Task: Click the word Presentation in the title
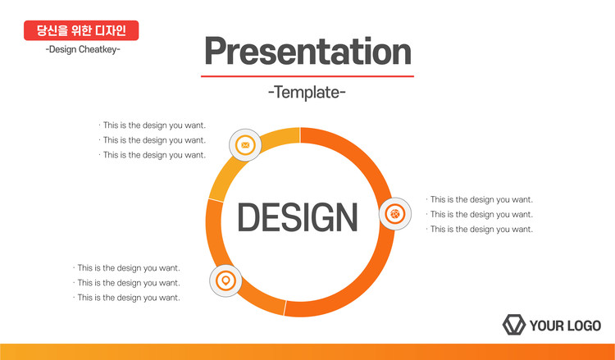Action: [x=307, y=52]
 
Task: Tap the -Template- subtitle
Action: [x=307, y=93]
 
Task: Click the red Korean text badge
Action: [x=81, y=30]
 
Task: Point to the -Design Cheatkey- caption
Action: [x=83, y=49]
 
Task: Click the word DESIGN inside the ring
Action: [x=298, y=217]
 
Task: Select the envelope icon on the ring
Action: [x=245, y=145]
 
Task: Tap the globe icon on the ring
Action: [x=395, y=214]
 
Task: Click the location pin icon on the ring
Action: [x=225, y=280]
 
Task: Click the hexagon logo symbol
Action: [x=514, y=325]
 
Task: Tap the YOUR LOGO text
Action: [x=565, y=326]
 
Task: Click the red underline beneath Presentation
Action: [x=307, y=76]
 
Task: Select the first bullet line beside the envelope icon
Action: [x=153, y=125]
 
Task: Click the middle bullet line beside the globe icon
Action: [x=480, y=215]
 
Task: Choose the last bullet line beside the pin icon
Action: [x=126, y=298]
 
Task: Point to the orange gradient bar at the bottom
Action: [x=307, y=352]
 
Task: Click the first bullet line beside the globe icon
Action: [x=480, y=199]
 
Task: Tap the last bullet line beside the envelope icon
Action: [x=153, y=155]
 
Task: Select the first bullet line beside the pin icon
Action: [x=126, y=268]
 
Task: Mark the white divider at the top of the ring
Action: [x=300, y=135]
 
